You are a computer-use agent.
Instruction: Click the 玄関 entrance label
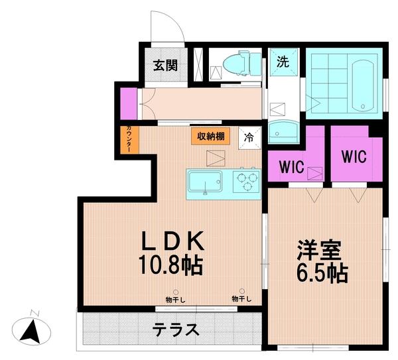166,65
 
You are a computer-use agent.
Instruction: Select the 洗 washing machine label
283,62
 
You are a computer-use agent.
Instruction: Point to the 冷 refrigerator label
249,137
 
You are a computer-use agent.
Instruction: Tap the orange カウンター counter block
129,141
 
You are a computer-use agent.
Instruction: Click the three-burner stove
246,181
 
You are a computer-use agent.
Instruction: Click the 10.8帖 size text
170,266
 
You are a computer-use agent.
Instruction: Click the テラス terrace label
176,330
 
